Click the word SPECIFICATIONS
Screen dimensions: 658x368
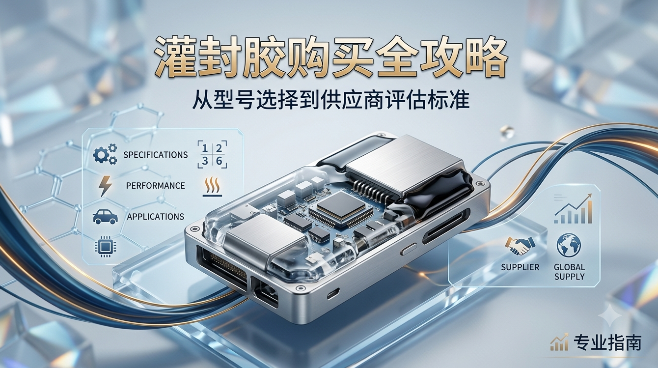[x=155, y=155]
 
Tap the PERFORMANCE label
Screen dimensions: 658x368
[x=155, y=186]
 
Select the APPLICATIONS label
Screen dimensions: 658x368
[x=155, y=217]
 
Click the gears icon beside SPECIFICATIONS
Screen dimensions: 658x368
[x=105, y=154]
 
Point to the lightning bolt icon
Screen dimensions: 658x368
[x=106, y=186]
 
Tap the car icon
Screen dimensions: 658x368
[x=105, y=217]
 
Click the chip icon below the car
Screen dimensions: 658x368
[x=105, y=246]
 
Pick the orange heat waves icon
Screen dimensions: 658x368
[x=213, y=187]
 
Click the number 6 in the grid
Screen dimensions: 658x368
[x=219, y=161]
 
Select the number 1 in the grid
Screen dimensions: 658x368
[x=205, y=148]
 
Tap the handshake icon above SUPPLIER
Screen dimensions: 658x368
[x=520, y=246]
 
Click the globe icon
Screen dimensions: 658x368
[x=569, y=246]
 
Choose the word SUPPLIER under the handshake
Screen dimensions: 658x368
[x=520, y=267]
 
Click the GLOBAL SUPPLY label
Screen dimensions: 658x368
[x=569, y=272]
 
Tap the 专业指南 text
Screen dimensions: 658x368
[x=607, y=343]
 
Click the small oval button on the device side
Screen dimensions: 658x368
[x=409, y=249]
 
